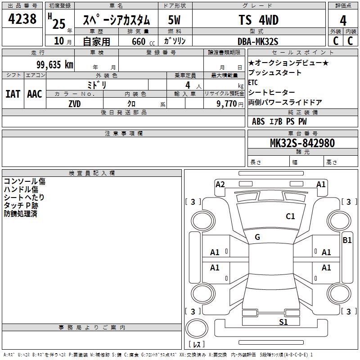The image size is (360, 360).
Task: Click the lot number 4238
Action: click(x=22, y=19)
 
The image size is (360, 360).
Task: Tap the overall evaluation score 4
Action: click(x=343, y=21)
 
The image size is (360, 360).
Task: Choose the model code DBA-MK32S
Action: click(x=258, y=41)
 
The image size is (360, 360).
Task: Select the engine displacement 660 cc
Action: click(x=142, y=41)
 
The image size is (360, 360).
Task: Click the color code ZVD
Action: click(x=75, y=103)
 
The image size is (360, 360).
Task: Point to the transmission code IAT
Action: click(x=13, y=94)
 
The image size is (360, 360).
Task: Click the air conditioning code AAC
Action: click(x=35, y=94)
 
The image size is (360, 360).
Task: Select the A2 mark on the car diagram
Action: click(x=220, y=184)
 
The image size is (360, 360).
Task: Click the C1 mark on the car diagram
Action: click(x=291, y=216)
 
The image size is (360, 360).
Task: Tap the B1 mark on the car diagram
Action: click(x=347, y=240)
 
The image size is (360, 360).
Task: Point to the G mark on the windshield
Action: click(x=257, y=237)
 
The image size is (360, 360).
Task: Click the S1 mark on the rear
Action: click(x=283, y=322)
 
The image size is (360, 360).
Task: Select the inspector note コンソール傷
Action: click(x=24, y=181)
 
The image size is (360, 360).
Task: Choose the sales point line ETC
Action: click(x=253, y=82)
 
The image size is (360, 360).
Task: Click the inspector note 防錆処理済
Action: click(x=20, y=214)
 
